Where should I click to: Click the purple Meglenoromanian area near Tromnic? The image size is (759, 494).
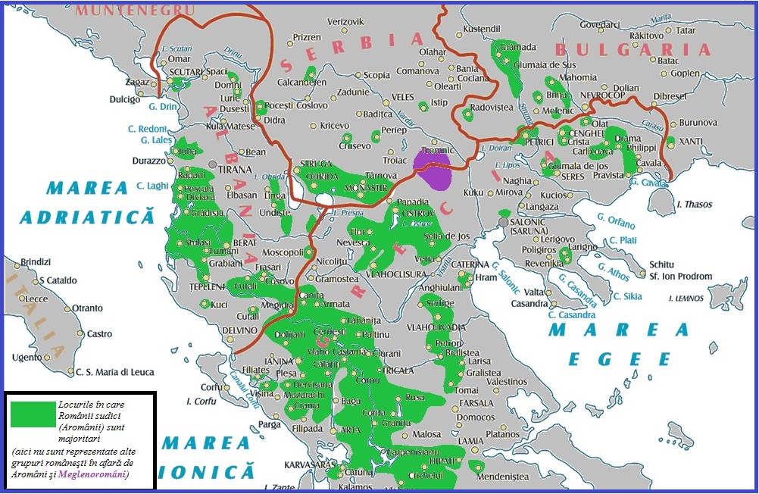[x=433, y=169]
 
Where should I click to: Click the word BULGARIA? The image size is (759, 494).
[x=632, y=50]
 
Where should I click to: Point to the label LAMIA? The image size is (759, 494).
[x=471, y=441]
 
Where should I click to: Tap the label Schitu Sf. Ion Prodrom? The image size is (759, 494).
[x=680, y=270]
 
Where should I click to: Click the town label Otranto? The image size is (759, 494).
[x=87, y=308]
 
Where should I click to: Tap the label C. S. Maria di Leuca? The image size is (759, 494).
[x=115, y=372]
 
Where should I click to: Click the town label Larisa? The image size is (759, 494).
[x=480, y=361]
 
